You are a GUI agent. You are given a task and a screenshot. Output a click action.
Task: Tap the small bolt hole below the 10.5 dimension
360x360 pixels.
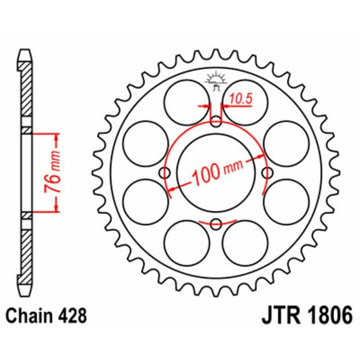pos(216,121)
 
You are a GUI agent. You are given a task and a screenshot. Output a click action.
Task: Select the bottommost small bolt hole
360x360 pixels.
pos(216,222)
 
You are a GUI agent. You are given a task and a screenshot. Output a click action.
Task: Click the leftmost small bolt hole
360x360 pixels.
pos(165,172)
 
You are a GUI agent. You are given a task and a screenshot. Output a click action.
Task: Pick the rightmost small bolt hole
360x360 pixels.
pos(267,172)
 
